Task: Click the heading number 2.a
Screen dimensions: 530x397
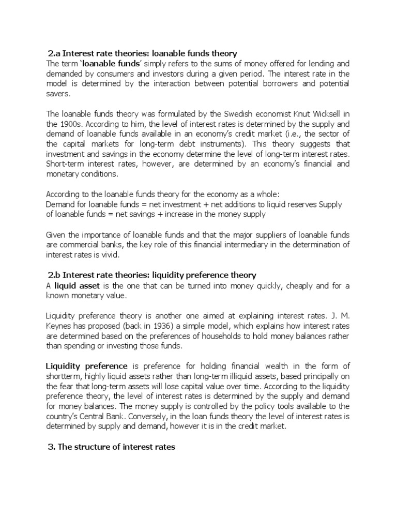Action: click(54, 53)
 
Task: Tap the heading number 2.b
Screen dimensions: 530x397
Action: click(55, 275)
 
